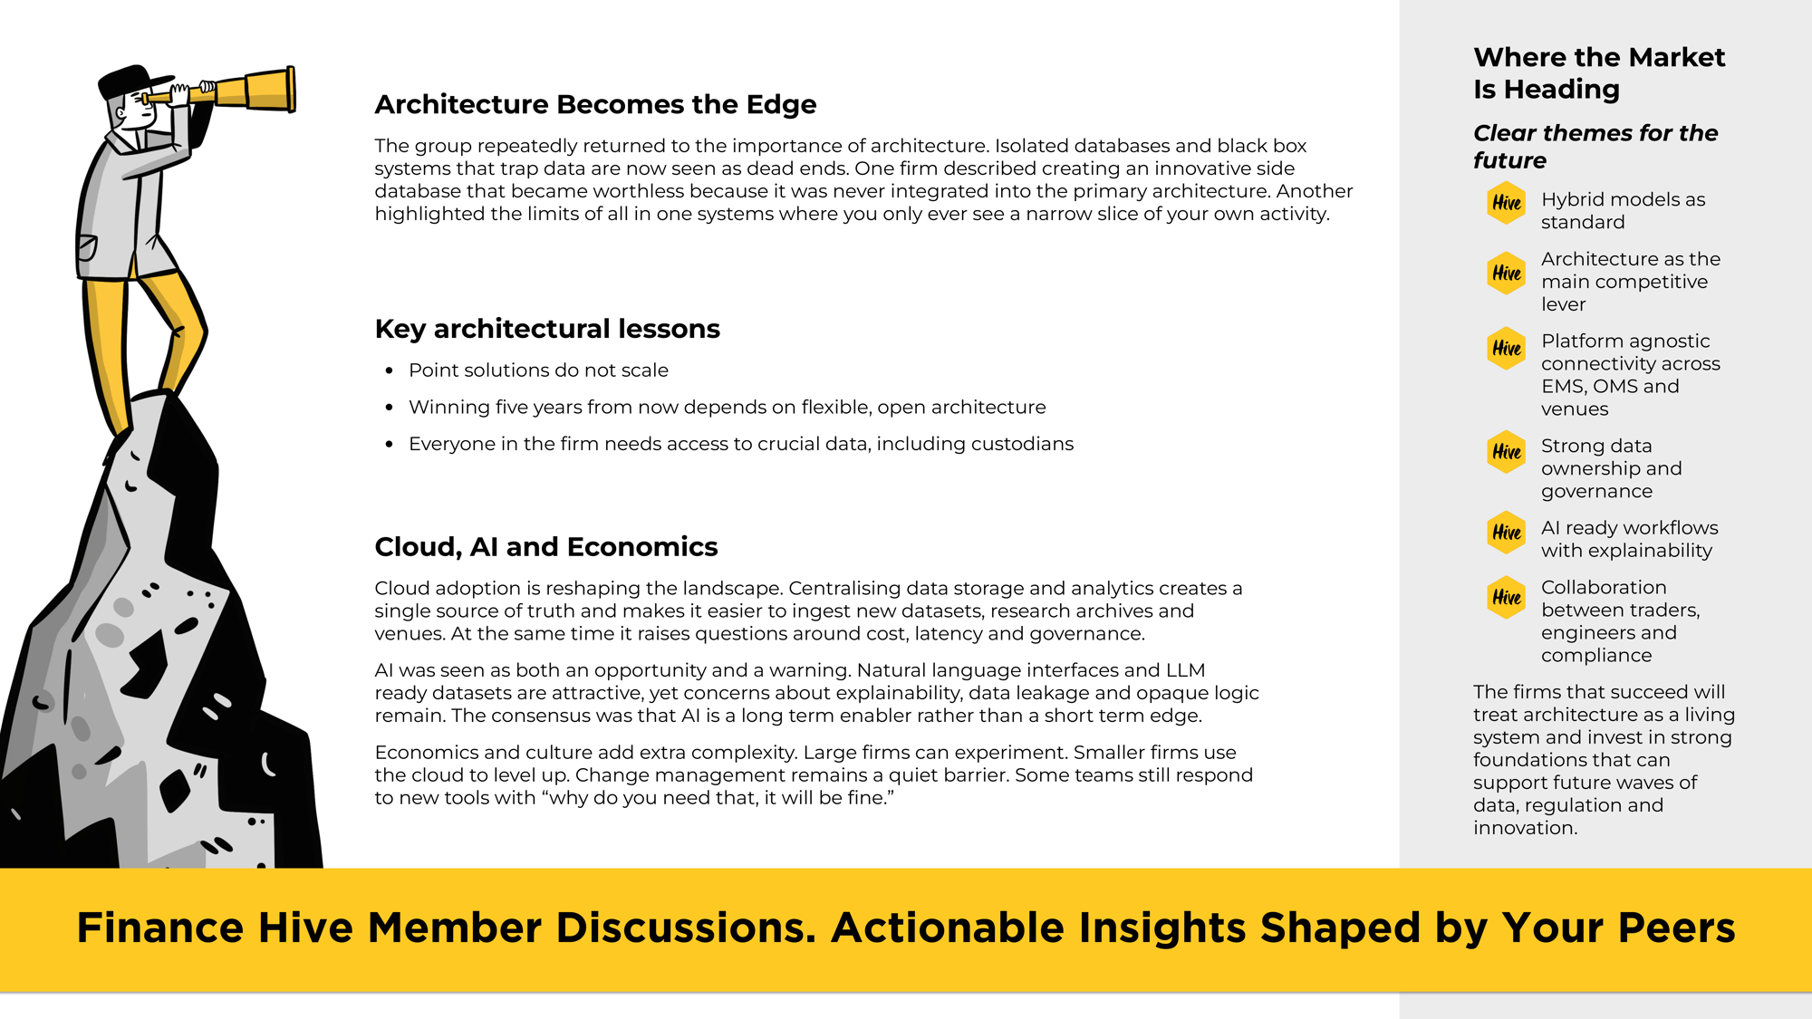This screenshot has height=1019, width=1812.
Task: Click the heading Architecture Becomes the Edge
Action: point(595,105)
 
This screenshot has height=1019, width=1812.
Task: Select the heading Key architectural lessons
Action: point(547,329)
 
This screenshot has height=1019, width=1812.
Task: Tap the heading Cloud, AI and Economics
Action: point(545,547)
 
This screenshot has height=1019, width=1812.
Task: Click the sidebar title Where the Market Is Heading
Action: point(1598,73)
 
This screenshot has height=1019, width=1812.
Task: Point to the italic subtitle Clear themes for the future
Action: point(1595,147)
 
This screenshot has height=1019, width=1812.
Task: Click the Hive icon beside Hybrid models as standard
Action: point(1507,203)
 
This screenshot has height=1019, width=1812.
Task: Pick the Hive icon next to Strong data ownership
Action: point(1507,451)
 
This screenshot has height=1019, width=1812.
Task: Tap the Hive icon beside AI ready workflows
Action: point(1507,533)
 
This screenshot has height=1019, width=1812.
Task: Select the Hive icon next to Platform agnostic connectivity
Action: point(1507,348)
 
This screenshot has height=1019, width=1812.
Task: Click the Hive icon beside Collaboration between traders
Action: point(1507,598)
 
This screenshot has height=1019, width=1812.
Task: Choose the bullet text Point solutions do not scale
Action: point(538,370)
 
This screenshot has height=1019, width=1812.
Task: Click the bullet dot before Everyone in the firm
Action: point(389,445)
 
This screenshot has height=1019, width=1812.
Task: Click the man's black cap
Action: point(131,81)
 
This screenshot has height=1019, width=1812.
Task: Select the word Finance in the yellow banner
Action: point(160,928)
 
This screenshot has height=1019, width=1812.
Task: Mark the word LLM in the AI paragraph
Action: point(1185,670)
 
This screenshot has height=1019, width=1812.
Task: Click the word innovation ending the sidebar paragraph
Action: point(1524,828)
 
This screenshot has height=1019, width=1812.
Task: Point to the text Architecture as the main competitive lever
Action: point(1629,282)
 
